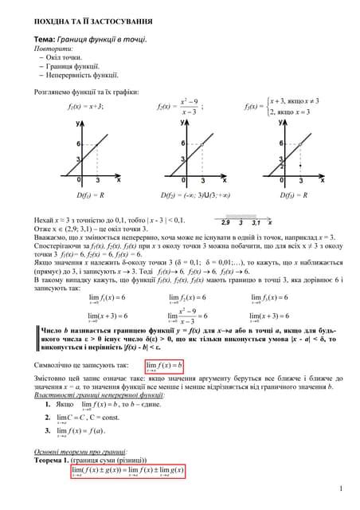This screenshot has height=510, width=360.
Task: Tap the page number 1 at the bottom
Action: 340,489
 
